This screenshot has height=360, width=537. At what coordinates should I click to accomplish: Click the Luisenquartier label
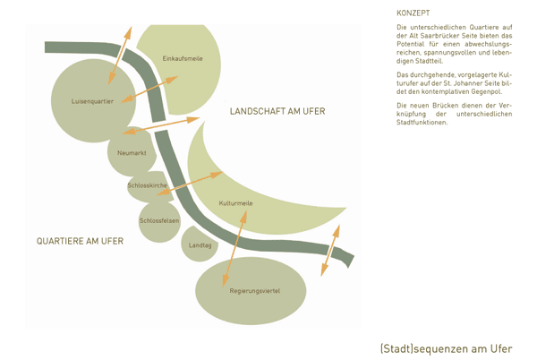[x=92, y=101]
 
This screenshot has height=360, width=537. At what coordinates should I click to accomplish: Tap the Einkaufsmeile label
[x=183, y=58]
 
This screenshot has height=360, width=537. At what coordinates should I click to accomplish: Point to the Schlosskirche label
[x=148, y=184]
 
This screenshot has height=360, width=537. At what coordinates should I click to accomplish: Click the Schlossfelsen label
[x=159, y=220]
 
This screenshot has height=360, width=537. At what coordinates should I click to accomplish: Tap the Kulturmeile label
[x=236, y=204]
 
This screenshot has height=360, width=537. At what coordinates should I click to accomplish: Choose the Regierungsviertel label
[x=255, y=291]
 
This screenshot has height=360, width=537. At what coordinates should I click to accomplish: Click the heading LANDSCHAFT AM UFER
[x=277, y=112]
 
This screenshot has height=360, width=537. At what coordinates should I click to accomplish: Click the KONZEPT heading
[x=413, y=13]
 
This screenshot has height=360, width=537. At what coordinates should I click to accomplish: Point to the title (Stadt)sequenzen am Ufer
[x=446, y=347]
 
